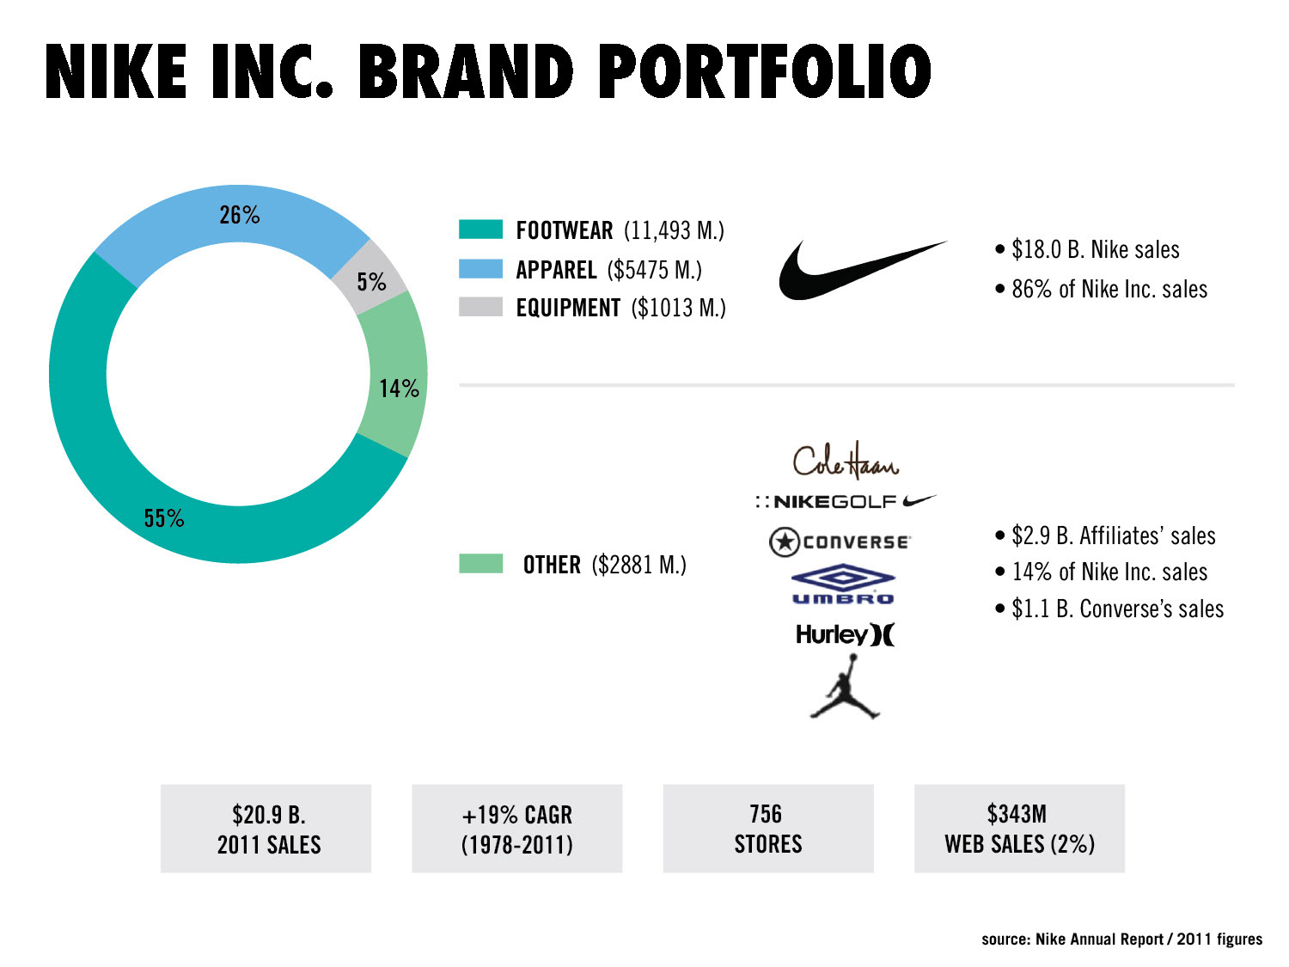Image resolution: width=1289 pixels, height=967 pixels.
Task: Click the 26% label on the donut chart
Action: coord(240,215)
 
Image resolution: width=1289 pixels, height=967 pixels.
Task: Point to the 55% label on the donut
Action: coord(164,517)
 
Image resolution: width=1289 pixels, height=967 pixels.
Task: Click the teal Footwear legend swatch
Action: coord(480,230)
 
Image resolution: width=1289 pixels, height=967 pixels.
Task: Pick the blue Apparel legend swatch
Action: coord(480,268)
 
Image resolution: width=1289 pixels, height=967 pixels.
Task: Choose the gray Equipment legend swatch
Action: coord(480,307)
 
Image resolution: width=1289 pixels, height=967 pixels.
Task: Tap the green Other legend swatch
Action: coord(480,563)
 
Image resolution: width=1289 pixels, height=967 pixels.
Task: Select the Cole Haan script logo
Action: coord(846,461)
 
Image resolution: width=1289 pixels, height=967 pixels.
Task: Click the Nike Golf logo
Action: coord(846,501)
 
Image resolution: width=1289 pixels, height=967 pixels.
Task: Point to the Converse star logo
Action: coord(840,542)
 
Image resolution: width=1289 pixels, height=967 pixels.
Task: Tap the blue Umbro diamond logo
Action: coord(843,584)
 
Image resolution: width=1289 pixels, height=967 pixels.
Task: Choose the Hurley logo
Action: coord(845,634)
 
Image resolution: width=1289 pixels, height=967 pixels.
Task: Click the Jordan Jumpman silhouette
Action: coord(845,686)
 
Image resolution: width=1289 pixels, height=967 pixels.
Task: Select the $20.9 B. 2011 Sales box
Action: coord(266,829)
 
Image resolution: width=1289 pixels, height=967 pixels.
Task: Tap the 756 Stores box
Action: coord(768,829)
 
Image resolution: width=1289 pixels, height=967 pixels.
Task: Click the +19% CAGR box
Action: coord(516,829)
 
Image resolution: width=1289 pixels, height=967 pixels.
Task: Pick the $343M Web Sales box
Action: coord(1019,829)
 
